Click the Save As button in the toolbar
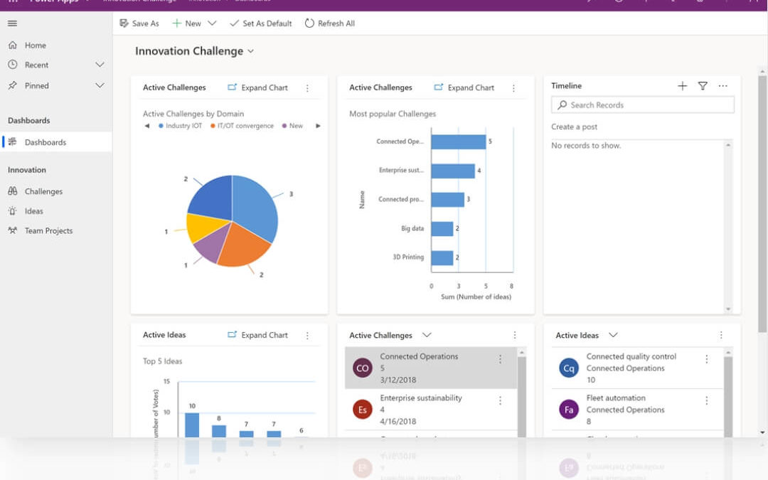tap(139, 23)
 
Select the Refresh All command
tap(330, 23)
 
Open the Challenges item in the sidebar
tap(43, 191)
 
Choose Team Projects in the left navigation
tap(48, 230)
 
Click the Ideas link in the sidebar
tap(33, 211)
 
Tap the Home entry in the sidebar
tap(35, 45)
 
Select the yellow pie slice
tap(201, 227)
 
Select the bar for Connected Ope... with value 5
tap(458, 142)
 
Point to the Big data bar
tap(442, 228)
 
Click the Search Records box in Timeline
tap(643, 105)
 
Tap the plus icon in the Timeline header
tap(682, 86)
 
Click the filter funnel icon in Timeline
tap(703, 86)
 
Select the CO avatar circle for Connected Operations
tap(363, 368)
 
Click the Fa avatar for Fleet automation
tap(569, 410)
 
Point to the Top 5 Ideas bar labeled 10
tap(192, 425)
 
